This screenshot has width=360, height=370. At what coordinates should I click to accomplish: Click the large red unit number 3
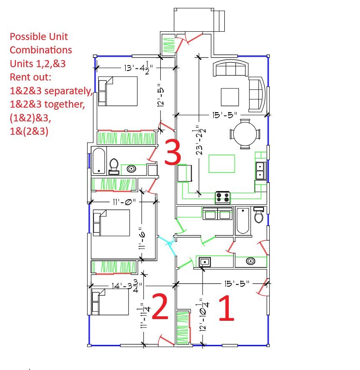click(172, 152)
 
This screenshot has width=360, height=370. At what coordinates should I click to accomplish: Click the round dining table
click(245, 134)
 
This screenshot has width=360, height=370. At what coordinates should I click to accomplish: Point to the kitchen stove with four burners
click(223, 197)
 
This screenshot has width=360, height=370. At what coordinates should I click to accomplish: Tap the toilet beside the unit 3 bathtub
click(113, 166)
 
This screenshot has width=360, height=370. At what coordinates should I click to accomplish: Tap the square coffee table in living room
click(230, 97)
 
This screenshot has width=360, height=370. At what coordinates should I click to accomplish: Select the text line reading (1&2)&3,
click(30, 118)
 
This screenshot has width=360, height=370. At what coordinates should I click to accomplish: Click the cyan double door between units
click(168, 244)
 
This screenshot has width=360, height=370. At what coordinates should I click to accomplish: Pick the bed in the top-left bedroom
click(118, 90)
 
